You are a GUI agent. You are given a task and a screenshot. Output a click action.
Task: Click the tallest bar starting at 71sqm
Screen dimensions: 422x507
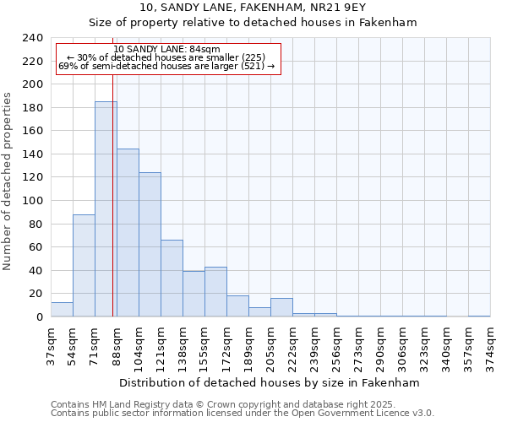click(106, 209)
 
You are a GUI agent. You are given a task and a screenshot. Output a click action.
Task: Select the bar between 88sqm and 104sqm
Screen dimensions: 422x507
click(128, 233)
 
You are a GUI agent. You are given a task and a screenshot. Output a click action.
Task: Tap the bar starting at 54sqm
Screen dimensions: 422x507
click(84, 266)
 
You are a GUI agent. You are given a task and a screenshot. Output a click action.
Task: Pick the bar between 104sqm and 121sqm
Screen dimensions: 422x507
click(150, 245)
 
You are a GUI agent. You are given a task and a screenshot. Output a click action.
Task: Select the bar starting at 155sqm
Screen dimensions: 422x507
click(215, 292)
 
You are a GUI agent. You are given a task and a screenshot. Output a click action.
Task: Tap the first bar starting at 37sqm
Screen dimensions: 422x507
click(62, 310)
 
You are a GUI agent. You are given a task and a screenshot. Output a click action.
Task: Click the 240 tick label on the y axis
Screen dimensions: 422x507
click(32, 38)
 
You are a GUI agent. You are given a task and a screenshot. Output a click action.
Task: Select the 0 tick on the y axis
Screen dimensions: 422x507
click(39, 317)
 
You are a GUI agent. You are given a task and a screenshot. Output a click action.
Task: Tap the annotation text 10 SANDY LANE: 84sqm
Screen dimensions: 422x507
click(166, 50)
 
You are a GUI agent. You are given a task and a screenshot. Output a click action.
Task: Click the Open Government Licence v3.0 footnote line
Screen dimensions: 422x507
click(242, 414)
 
